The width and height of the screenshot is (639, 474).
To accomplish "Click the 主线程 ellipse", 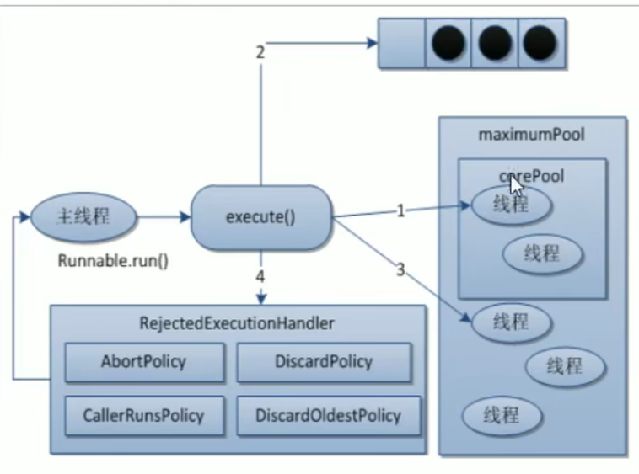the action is point(83,216).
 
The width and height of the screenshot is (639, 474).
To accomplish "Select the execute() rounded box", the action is point(260,217).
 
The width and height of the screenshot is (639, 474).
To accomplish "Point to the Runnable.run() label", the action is point(113,261).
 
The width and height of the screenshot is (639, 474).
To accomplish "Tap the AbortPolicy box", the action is point(144,362).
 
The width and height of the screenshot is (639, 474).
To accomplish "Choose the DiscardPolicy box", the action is point(324,362).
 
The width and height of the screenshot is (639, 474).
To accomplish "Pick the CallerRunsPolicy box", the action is point(144,415).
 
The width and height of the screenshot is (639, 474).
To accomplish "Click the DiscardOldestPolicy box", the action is point(329,415).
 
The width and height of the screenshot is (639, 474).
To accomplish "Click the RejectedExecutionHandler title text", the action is point(237,323).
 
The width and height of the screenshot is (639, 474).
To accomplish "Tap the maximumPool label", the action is point(531,134).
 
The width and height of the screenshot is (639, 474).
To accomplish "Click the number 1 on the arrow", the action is point(400,210).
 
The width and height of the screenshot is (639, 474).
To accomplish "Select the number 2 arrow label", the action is point(260,52).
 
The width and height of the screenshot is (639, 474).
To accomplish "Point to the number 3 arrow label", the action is point(400,269).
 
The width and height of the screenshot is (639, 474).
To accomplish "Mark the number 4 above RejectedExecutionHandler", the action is point(260,277).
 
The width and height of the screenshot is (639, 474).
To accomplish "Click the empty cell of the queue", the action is point(402,43).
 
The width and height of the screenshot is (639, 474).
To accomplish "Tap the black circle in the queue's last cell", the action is point(540,43).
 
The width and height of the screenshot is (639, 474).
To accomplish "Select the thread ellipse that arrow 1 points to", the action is point(512,205).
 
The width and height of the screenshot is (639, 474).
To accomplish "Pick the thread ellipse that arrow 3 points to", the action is point(512,322).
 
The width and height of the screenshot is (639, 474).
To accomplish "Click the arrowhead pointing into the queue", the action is point(373,43).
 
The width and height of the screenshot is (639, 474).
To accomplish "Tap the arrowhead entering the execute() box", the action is point(185,216).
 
